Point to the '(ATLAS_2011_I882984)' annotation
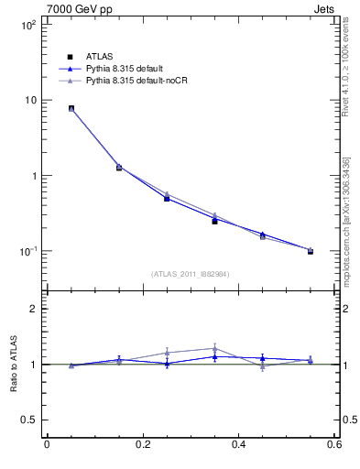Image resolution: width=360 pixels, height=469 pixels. [x=191, y=274]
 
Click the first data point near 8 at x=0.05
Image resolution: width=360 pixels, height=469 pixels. [x=71, y=108]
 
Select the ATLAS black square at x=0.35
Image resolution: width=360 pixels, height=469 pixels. [x=214, y=221]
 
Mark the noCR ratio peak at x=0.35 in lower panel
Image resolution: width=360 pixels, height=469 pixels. [x=214, y=348]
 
